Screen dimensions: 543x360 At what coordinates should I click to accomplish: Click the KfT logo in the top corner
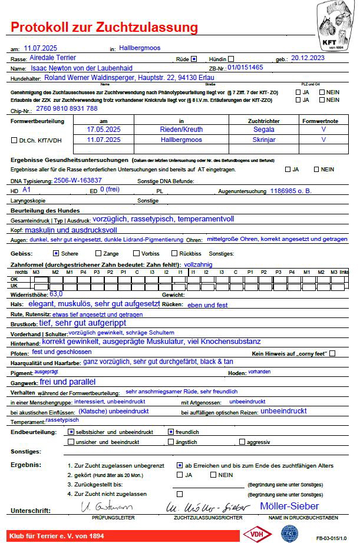click(335, 25)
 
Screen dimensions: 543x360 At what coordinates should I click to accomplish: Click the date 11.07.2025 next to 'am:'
click(41, 48)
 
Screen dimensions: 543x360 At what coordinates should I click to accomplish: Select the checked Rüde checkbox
click(193, 59)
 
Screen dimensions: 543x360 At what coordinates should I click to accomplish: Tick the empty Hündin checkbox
click(231, 59)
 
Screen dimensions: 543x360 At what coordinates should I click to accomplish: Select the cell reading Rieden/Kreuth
click(181, 130)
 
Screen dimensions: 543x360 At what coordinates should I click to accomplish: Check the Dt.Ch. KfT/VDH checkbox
click(14, 140)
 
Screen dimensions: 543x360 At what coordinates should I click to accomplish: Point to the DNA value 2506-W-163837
click(77, 180)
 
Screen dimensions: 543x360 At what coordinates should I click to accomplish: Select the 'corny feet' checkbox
click(332, 353)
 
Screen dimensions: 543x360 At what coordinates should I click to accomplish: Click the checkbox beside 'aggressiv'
click(241, 442)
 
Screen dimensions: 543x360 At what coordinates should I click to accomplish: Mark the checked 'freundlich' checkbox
click(171, 432)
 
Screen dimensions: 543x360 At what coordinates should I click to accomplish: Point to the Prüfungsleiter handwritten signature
click(106, 506)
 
